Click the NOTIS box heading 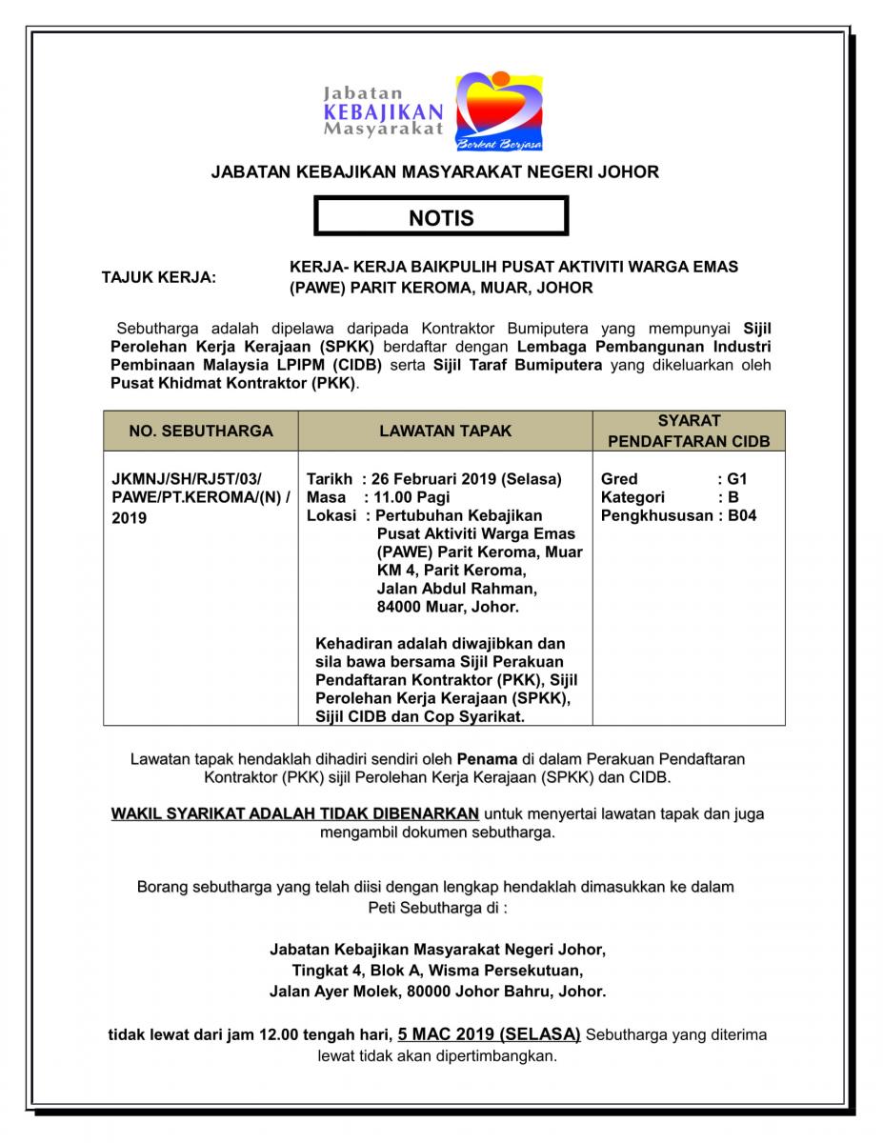click(441, 218)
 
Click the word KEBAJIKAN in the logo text click(383, 111)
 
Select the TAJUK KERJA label click(159, 277)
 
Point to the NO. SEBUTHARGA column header click(201, 431)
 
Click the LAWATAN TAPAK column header click(445, 431)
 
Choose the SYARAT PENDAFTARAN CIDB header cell click(689, 431)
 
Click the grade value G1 click(737, 478)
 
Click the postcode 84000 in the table click(399, 607)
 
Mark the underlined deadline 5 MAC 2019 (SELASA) click(489, 1033)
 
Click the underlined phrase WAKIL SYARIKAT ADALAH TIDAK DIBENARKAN click(295, 813)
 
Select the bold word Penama click(487, 759)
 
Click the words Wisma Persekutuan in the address click(514, 971)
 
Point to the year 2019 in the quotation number click(130, 519)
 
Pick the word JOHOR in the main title click(630, 172)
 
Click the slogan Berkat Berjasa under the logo click(500, 145)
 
